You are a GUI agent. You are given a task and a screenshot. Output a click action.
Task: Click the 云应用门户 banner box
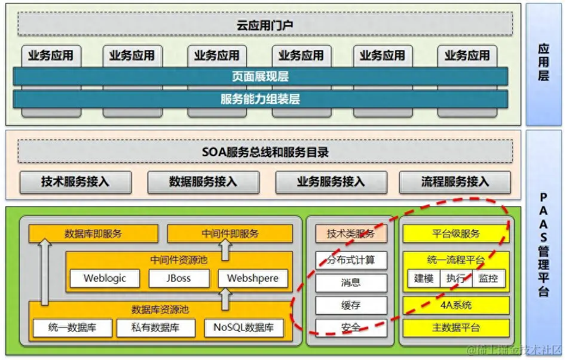point(265,25)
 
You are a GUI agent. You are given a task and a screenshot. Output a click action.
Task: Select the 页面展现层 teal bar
point(260,77)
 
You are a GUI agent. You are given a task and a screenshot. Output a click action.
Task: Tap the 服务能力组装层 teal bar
point(260,99)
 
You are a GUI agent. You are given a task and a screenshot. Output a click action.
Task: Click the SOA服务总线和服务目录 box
point(265,152)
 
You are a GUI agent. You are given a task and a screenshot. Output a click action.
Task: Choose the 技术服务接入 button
point(75,182)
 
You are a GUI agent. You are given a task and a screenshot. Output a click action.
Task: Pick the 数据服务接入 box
point(203,182)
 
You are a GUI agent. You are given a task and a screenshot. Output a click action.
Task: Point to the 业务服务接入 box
point(331,182)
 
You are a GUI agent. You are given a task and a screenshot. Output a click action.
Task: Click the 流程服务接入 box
point(455,182)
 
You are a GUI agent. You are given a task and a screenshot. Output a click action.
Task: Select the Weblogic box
point(104,278)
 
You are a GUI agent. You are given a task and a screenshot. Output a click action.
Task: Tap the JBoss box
point(179,278)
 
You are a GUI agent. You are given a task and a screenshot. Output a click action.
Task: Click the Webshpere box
point(252,278)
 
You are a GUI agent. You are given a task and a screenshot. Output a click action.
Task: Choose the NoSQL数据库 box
point(243,328)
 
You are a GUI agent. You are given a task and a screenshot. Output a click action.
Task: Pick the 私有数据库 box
point(155,328)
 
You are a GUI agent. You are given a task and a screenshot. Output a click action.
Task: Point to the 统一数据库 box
point(72,328)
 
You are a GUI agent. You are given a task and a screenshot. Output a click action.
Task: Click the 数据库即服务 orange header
point(93,234)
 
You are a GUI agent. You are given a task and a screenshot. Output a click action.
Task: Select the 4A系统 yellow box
point(456,305)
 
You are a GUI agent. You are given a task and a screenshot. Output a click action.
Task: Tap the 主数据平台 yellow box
point(456,328)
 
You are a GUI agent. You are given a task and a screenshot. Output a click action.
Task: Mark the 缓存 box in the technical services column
point(351,305)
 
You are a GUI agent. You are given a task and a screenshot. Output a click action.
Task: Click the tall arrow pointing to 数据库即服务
point(45,272)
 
